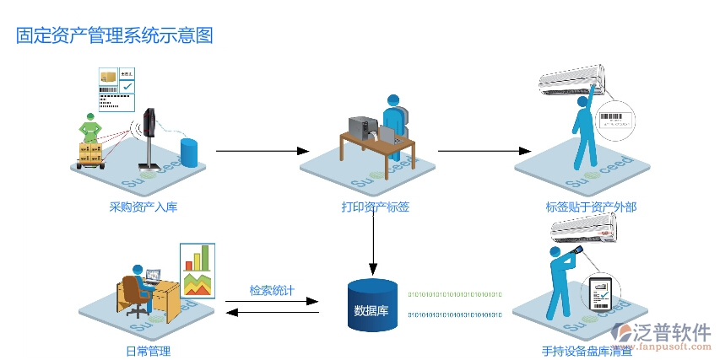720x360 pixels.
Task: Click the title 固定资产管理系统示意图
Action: point(115,35)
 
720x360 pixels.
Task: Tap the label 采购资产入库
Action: point(143,207)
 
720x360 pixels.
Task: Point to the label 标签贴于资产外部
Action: point(591,207)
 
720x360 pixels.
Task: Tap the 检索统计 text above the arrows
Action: point(272,290)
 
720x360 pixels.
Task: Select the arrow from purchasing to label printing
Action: point(263,151)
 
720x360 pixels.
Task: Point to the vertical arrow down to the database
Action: point(372,244)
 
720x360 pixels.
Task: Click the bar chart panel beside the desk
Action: point(198,270)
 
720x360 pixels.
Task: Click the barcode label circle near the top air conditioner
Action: point(614,118)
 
